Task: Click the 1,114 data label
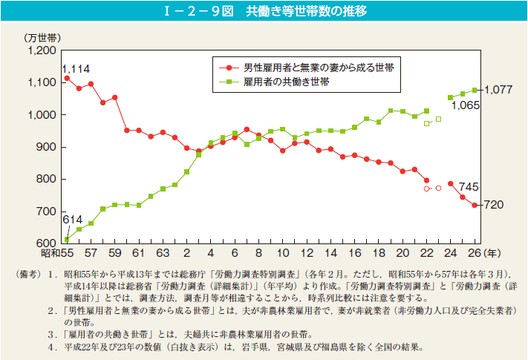pos(76,68)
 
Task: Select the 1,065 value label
pos(466,106)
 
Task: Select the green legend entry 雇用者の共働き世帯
pos(287,82)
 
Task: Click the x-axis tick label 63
pos(162,253)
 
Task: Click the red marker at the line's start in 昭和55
pos(67,78)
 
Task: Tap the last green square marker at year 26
pos(475,90)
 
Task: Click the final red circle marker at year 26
pos(475,205)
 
